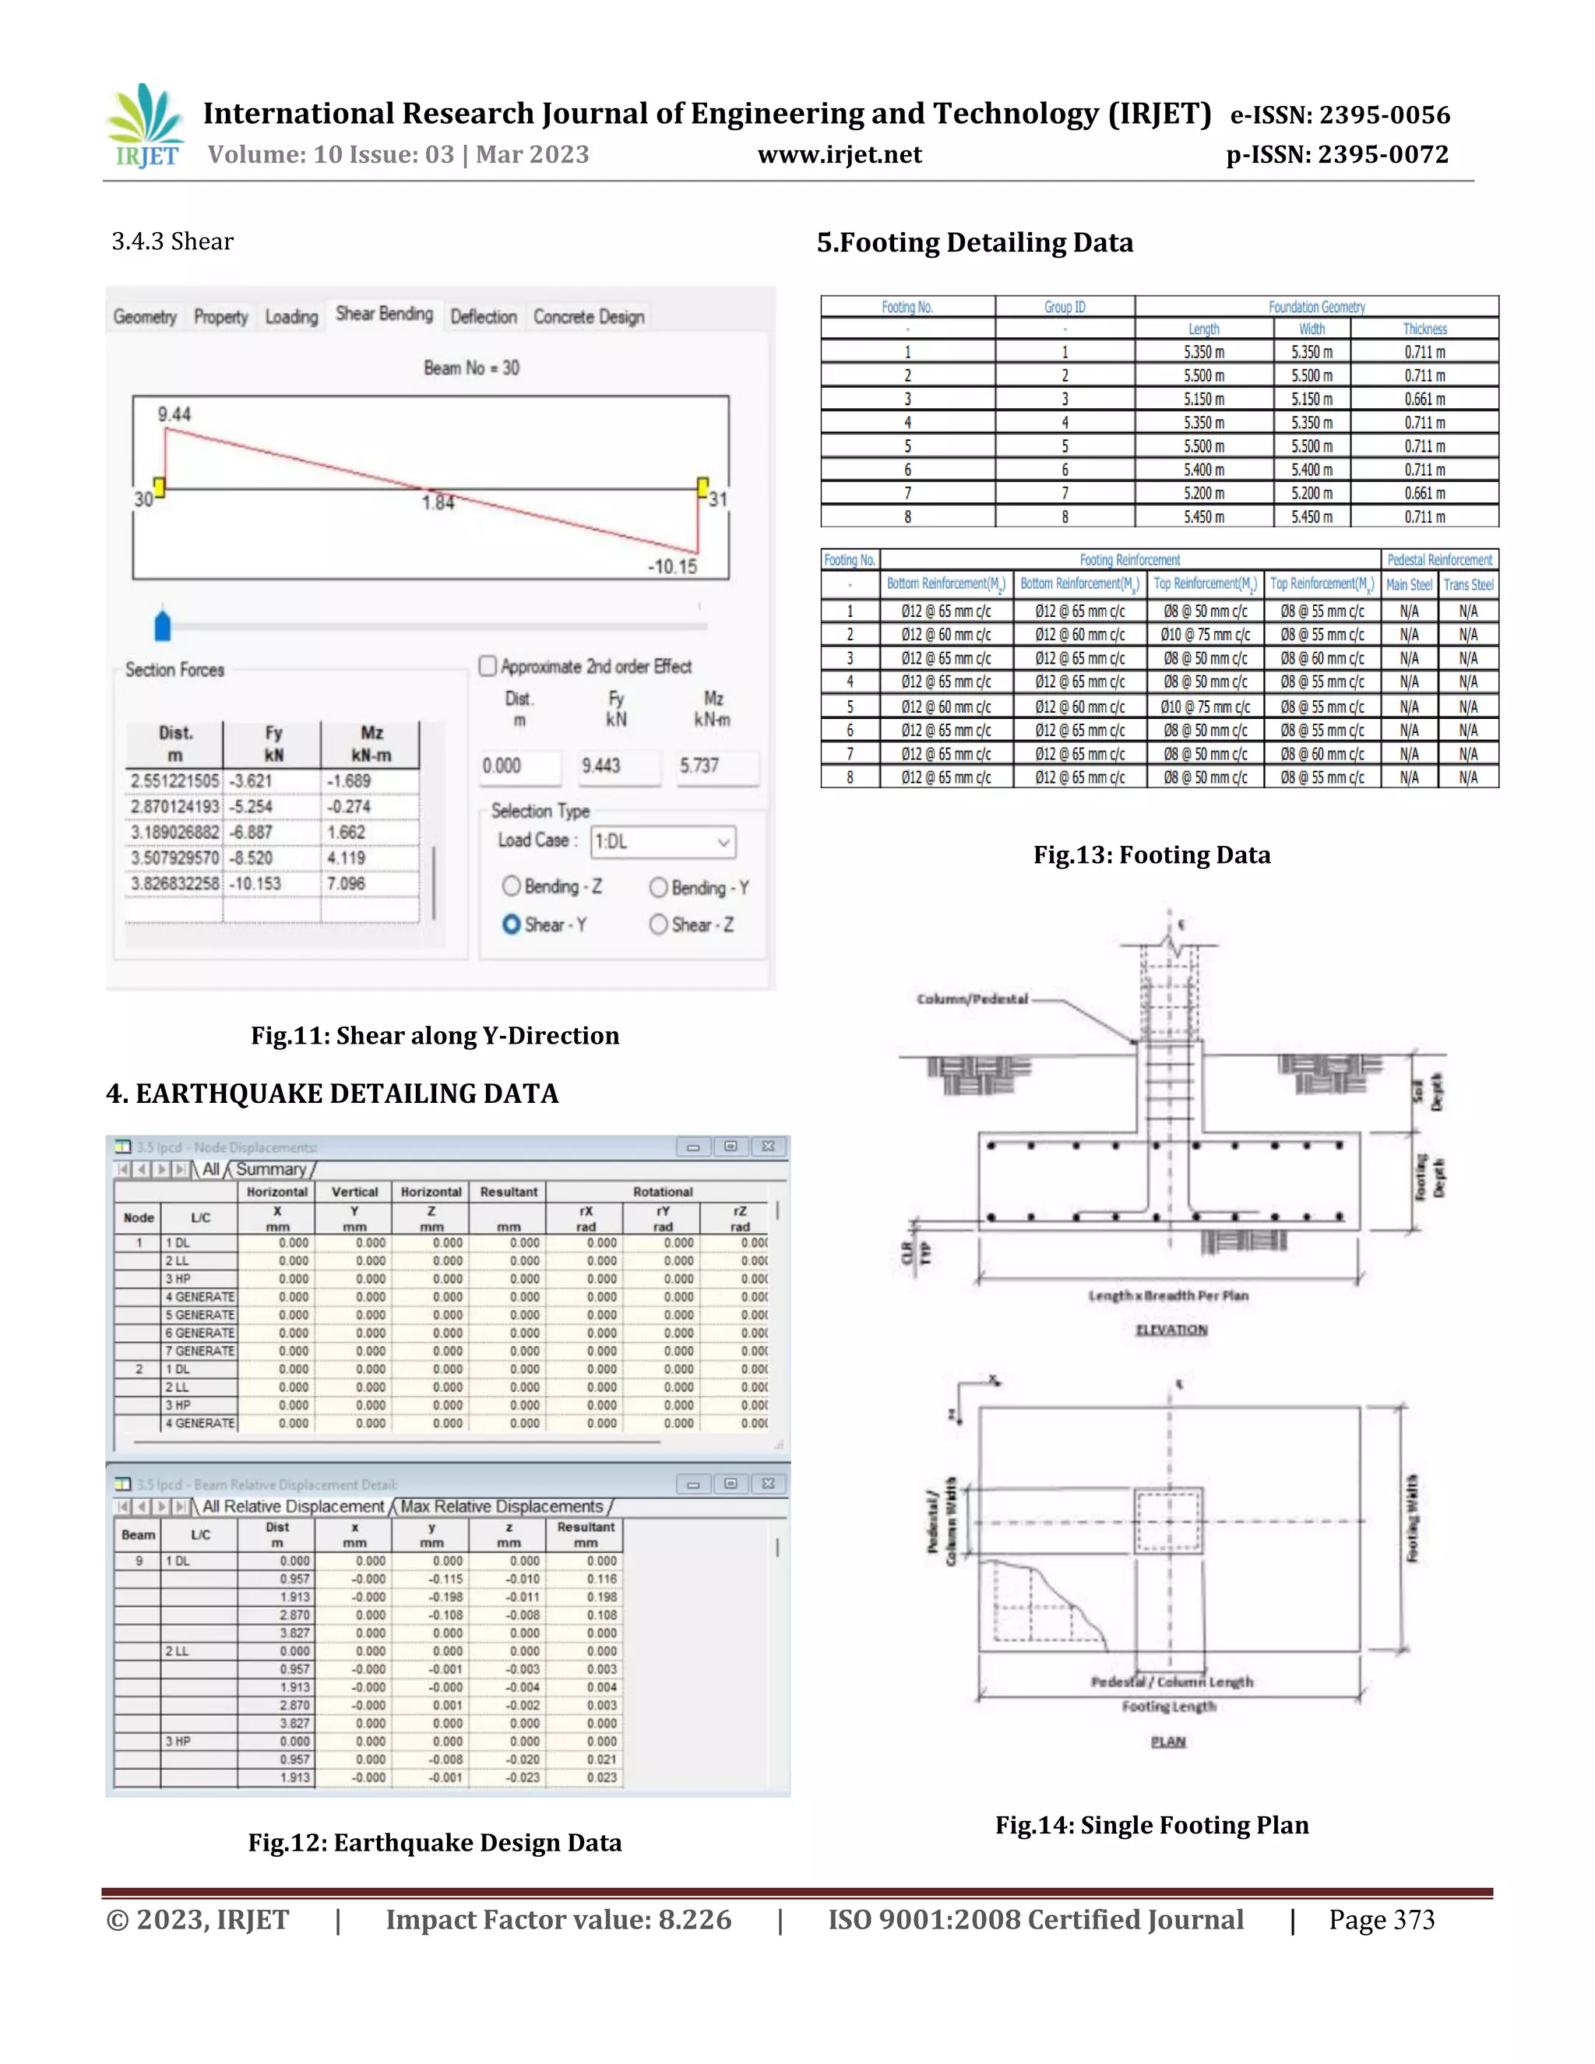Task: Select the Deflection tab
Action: coord(483,316)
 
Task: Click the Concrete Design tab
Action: coord(589,316)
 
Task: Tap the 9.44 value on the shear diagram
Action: coord(174,414)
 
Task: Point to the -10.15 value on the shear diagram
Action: coord(672,566)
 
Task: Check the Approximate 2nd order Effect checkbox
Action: coord(488,666)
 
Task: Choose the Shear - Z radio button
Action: coord(659,925)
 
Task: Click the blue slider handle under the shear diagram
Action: coord(163,625)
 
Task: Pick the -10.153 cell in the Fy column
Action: coord(257,884)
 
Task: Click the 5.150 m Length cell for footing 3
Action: coord(1204,399)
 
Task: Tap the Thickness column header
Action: coord(1424,329)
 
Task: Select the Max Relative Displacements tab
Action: coord(502,1506)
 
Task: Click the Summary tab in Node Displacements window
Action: coord(270,1169)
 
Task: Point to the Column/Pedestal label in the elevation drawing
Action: coord(971,999)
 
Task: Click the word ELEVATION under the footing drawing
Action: coord(1171,1330)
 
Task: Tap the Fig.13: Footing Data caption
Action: coord(1151,854)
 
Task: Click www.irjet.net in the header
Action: coord(839,154)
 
